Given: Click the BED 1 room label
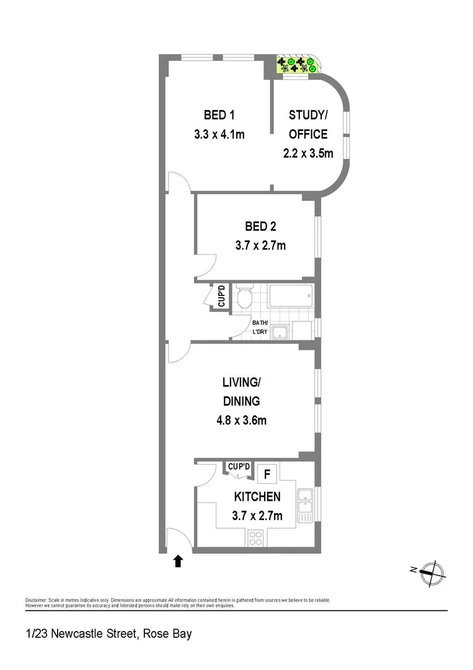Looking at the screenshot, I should point(219,115).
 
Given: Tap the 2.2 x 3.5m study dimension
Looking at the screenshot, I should point(308,153).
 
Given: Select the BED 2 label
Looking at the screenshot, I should point(260,226).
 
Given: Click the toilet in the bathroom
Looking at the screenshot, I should point(244,298).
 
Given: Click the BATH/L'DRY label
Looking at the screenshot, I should point(260,327).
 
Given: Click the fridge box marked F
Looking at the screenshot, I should point(267,475).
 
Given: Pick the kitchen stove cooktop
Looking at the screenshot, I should point(255,537).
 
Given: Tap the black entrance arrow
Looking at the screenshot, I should point(178,561).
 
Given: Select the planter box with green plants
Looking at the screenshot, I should point(297,65).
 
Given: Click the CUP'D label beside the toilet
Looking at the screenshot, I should point(221,297).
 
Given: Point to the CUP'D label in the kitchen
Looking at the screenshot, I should point(239,467).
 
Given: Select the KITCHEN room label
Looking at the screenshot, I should point(257,496).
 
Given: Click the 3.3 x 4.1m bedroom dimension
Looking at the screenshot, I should point(219,134).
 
